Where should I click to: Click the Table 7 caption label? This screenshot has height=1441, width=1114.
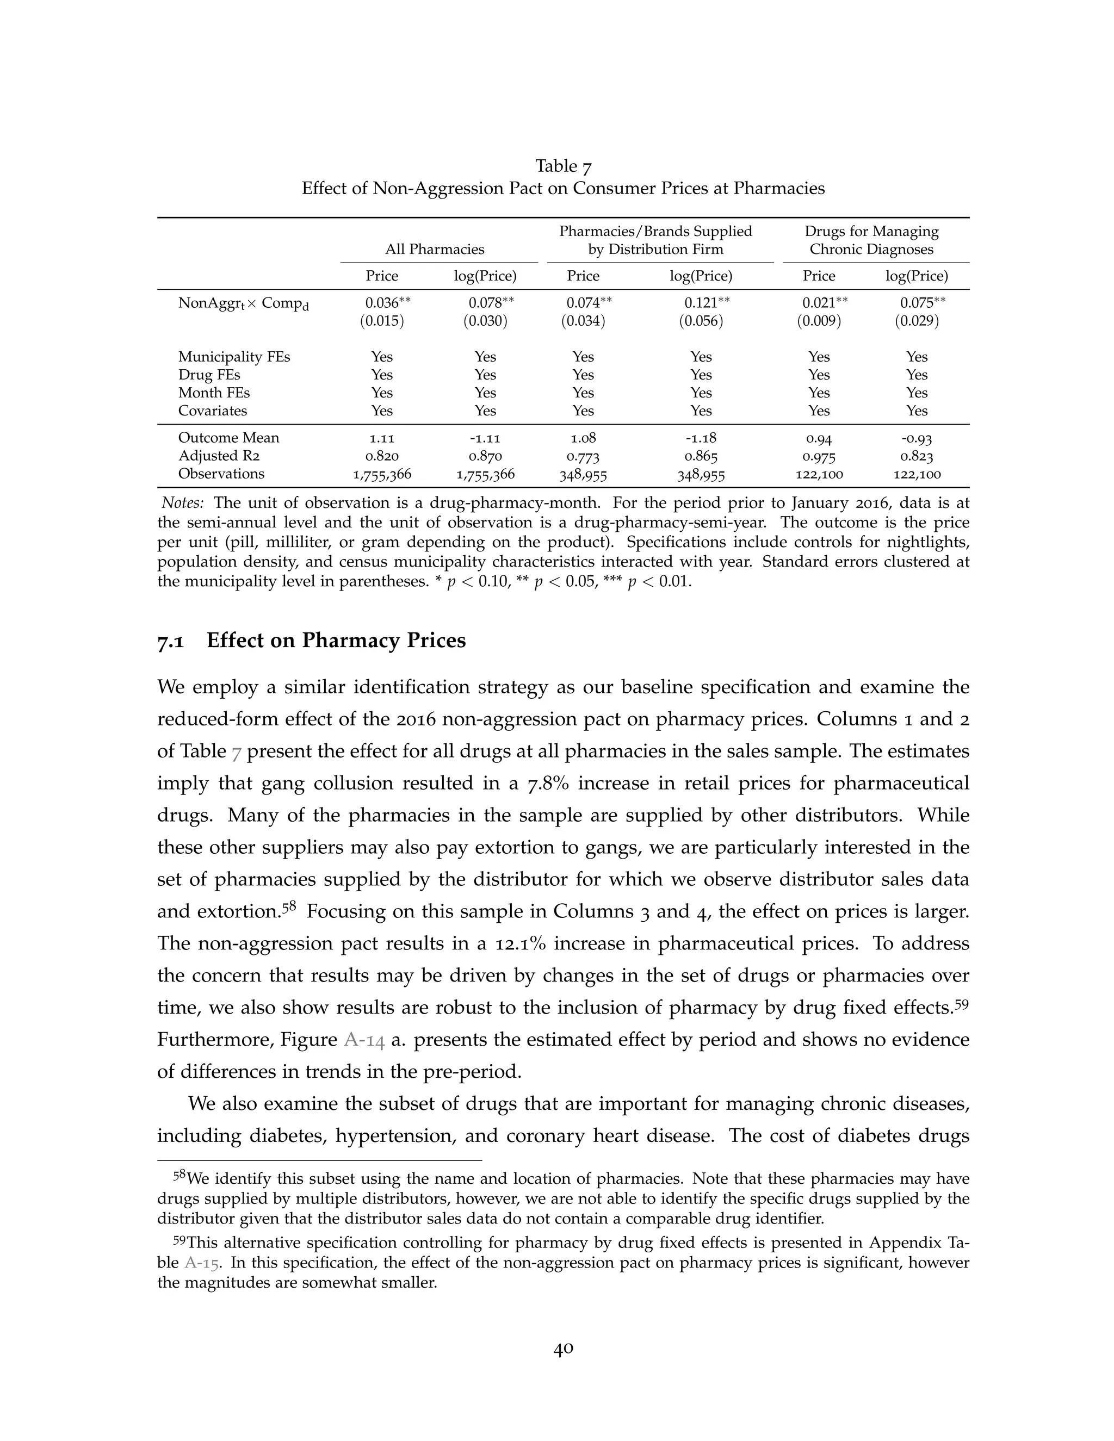[563, 166]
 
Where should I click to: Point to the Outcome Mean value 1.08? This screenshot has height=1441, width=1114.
[583, 438]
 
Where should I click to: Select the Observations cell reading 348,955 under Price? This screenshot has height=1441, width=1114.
[583, 474]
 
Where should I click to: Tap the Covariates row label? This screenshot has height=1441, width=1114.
[213, 411]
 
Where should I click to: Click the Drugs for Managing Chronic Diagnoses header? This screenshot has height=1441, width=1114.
[871, 240]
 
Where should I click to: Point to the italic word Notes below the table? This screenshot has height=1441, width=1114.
[183, 503]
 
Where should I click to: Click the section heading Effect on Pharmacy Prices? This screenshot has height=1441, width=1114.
[336, 641]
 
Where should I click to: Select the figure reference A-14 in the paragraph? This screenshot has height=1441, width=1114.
[364, 1040]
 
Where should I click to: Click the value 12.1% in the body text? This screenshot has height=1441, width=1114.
[521, 943]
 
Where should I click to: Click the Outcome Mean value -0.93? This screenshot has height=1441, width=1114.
[917, 438]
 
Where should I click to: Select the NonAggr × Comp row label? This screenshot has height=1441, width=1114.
[243, 303]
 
